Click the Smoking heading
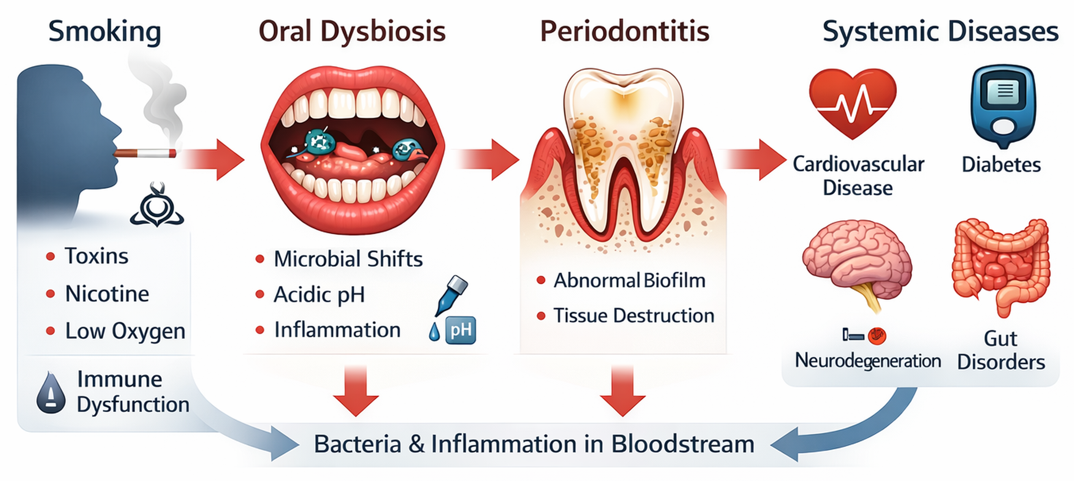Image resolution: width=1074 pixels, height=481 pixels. click(105, 32)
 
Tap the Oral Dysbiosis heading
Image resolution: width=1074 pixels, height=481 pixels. click(352, 32)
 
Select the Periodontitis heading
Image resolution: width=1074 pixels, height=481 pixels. click(625, 31)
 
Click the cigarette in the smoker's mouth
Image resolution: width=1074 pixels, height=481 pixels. click(145, 153)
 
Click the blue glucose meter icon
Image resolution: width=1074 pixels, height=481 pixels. click(1003, 107)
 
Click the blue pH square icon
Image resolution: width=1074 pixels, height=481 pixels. click(461, 331)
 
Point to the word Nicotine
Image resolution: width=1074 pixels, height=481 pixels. click(107, 294)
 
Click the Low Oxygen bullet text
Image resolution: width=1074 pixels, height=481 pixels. click(125, 332)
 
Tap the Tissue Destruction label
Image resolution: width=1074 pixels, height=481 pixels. click(634, 316)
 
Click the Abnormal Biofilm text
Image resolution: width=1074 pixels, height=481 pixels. click(629, 280)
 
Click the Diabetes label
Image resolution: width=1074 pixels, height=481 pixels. click(1001, 165)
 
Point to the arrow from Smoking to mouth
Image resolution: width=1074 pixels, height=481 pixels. click(213, 160)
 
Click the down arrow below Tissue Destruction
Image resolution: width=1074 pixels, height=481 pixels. click(623, 391)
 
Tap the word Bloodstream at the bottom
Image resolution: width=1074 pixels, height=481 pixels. click(683, 444)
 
